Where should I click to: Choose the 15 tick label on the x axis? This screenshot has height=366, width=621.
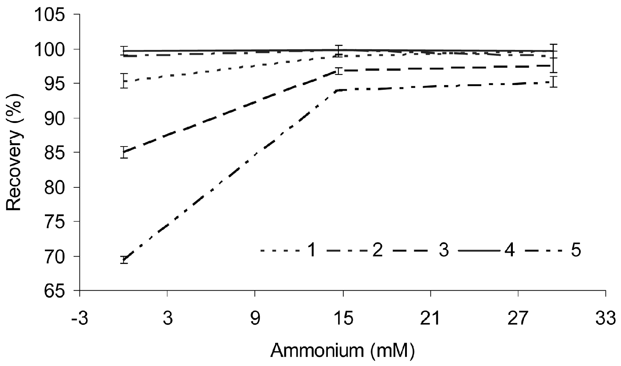coord(343,318)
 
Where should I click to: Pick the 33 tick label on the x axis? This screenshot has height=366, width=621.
coord(606,318)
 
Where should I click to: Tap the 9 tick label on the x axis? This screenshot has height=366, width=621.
coord(255,318)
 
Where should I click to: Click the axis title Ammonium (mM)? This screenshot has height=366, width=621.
coord(343,351)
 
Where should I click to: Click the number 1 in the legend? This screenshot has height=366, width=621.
coord(311,251)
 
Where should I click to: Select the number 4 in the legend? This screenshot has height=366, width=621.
coord(510,251)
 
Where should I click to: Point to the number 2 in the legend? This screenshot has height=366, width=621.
coord(377,251)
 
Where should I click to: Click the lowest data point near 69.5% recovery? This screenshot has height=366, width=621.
coord(124,260)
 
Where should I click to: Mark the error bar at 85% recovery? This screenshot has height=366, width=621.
coord(124,152)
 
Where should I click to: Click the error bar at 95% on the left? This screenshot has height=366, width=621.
coord(124,81)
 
